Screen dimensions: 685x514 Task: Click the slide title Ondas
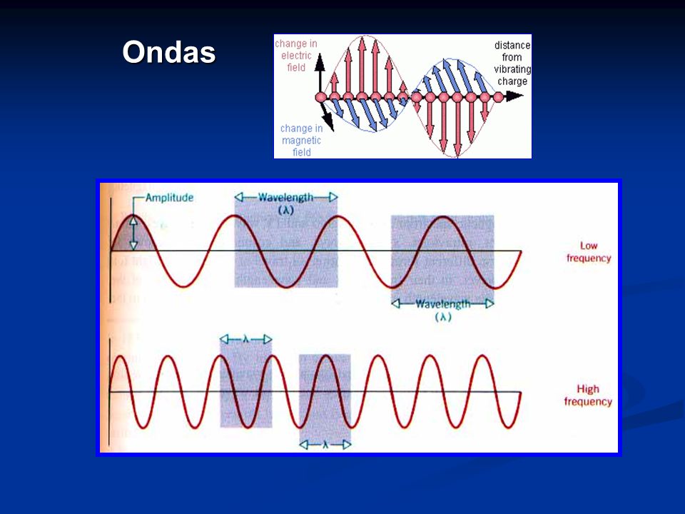tap(169, 52)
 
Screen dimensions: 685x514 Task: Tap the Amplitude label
tap(170, 198)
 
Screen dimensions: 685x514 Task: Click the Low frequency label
tap(589, 252)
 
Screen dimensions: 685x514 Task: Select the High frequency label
tap(588, 395)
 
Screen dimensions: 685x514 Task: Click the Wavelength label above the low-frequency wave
tap(285, 198)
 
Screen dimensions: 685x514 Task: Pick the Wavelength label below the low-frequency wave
tap(442, 304)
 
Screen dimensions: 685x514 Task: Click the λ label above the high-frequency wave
tap(246, 338)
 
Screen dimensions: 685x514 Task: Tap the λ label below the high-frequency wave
tap(325, 445)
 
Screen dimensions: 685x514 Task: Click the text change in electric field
tap(296, 56)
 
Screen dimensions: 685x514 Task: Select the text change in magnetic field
tap(301, 141)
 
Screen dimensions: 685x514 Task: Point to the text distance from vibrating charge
tap(512, 64)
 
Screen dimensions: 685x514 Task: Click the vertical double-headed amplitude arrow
tap(133, 233)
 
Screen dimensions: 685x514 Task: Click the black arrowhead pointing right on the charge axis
tap(514, 96)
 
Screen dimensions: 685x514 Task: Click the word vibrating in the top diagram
tap(512, 69)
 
